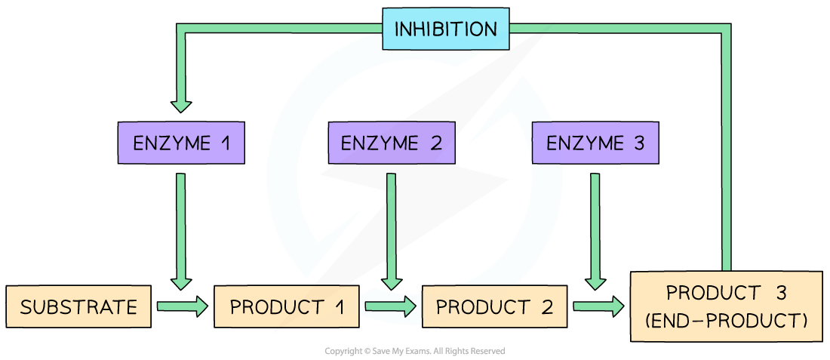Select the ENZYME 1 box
(x=182, y=143)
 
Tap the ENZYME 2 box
(x=392, y=143)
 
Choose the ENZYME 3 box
(x=595, y=143)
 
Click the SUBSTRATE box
(x=78, y=307)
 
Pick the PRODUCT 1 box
(x=286, y=307)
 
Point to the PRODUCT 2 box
(x=494, y=307)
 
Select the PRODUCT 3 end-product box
(x=725, y=306)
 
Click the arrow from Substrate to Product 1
(x=182, y=306)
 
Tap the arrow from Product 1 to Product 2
(x=390, y=306)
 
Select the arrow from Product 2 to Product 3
(x=598, y=306)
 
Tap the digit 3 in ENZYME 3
(x=639, y=143)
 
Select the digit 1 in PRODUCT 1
(x=339, y=307)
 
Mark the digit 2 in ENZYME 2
(x=436, y=143)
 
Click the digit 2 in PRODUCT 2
(x=546, y=307)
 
